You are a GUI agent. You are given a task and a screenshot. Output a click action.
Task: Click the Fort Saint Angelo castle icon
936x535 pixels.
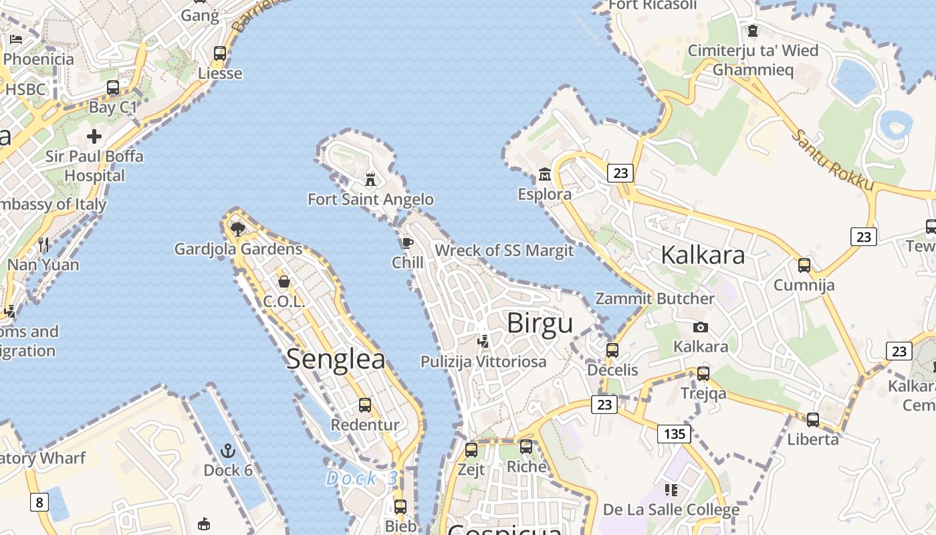tap(370, 179)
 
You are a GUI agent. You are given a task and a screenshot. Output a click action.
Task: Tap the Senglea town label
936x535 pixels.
tap(336, 360)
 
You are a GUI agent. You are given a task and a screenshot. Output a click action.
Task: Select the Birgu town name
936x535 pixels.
tap(540, 324)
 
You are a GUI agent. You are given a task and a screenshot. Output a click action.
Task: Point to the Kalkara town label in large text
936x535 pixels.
tap(703, 255)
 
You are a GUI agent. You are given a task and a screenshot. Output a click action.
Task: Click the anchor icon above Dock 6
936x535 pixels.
tap(229, 450)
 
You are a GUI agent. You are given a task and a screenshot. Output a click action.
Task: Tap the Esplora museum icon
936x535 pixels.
tap(545, 175)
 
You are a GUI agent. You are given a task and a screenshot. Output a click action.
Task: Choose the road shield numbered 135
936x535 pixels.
tap(674, 434)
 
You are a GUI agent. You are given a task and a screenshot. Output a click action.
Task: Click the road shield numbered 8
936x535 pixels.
tap(39, 502)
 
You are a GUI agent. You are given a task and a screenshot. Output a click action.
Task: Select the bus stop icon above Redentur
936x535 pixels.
tap(365, 405)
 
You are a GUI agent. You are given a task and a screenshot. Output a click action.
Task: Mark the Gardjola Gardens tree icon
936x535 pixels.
tap(237, 229)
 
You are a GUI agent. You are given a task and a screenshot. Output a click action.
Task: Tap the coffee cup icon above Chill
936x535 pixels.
tap(408, 243)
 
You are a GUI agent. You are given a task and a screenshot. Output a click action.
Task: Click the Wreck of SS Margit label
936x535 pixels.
tap(504, 251)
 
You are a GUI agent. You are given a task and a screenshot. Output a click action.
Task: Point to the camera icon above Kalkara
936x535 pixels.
tap(701, 327)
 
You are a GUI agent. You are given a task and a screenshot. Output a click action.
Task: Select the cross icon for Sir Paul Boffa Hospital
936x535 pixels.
tap(94, 136)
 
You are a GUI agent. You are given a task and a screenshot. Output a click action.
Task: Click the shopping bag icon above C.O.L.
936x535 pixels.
tap(284, 282)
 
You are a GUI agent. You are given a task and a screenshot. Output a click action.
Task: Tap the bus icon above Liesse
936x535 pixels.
tap(220, 53)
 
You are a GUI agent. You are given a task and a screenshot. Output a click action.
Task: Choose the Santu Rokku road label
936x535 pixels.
tap(832, 160)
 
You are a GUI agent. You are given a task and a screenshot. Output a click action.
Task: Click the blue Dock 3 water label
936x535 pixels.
tap(362, 478)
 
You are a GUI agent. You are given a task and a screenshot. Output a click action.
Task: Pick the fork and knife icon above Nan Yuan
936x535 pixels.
tap(43, 244)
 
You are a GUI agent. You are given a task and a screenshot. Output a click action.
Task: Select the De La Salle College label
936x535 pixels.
tap(671, 510)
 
